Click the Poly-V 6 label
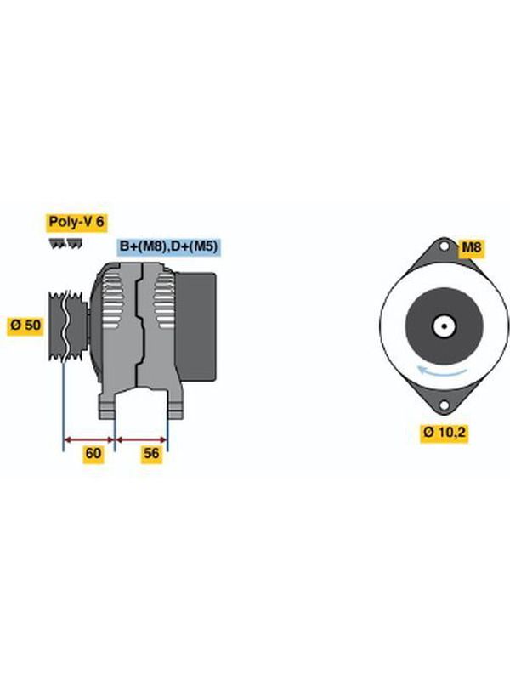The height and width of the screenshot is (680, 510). tap(76, 222)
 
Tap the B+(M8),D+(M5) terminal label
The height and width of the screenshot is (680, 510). tap(168, 246)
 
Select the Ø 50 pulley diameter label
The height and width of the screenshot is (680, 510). tap(25, 325)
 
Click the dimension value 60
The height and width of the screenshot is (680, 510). tap(93, 454)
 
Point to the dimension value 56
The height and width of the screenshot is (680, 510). tap(151, 454)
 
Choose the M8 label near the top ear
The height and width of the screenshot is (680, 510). tap(472, 247)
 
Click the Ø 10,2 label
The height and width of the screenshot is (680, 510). tap(444, 433)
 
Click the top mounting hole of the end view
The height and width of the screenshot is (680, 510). tap(444, 246)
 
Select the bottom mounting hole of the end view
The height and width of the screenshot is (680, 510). tap(444, 405)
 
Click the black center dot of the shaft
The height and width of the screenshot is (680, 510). tap(444, 326)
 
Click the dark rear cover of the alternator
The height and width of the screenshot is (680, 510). tap(196, 327)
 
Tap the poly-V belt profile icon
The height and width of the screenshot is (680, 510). tap(66, 244)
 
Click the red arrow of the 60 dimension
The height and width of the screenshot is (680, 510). tap(89, 439)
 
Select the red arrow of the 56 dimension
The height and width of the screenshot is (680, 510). tap(141, 439)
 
